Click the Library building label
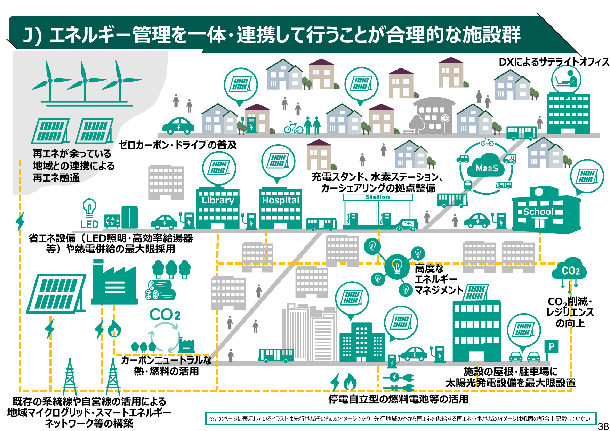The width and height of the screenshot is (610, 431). (x=218, y=200)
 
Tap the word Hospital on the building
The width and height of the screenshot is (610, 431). (x=280, y=200)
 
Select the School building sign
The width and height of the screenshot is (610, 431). (x=538, y=212)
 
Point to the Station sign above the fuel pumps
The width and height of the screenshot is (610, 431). (x=378, y=197)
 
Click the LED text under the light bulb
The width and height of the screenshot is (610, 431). (x=89, y=224)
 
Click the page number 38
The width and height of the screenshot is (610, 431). (x=603, y=426)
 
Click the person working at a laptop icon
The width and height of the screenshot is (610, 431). (x=567, y=79)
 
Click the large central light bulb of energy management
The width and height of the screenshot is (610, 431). (x=397, y=267)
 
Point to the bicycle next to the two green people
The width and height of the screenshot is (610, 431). (x=293, y=128)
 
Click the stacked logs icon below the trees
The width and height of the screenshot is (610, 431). (x=160, y=290)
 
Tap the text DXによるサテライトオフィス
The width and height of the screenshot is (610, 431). (x=554, y=62)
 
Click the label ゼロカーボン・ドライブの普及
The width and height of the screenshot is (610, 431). (x=178, y=145)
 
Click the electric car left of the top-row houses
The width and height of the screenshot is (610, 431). (x=178, y=125)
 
